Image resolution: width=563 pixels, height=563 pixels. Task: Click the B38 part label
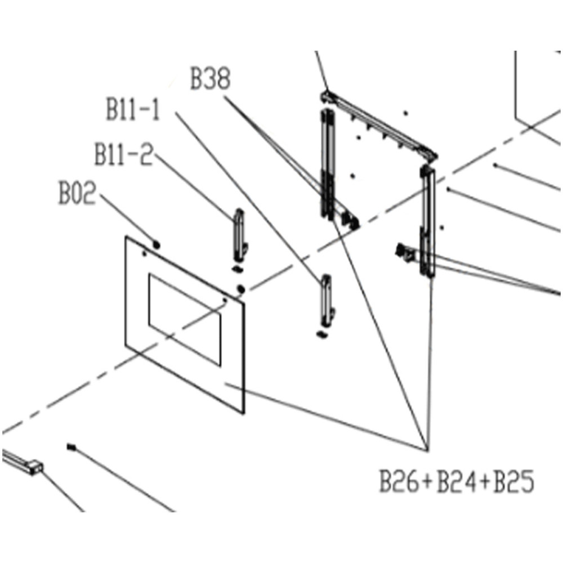coord(210,79)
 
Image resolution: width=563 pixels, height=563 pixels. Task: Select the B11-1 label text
coord(133,110)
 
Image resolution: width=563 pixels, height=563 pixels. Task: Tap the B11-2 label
coord(124,154)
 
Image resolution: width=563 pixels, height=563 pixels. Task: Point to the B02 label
coord(78,194)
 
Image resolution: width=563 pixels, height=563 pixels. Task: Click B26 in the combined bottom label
coord(399,481)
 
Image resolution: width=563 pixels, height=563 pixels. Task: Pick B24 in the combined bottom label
coord(456,481)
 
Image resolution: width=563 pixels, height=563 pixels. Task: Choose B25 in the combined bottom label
coord(514,481)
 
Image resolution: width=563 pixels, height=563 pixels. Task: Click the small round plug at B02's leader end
coord(157,245)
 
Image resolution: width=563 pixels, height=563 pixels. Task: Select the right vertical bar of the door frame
coord(427,221)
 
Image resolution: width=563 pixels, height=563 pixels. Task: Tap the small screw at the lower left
coord(72,447)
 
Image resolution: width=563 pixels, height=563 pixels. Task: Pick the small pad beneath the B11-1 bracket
coord(322,334)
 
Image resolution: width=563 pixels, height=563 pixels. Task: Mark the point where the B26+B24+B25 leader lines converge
coord(427,450)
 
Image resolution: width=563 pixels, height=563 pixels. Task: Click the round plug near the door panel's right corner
coord(240,289)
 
